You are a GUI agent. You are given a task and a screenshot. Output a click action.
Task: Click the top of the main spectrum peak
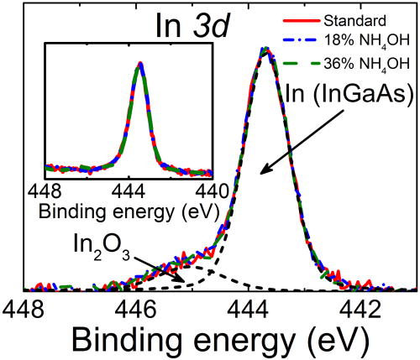266,50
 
